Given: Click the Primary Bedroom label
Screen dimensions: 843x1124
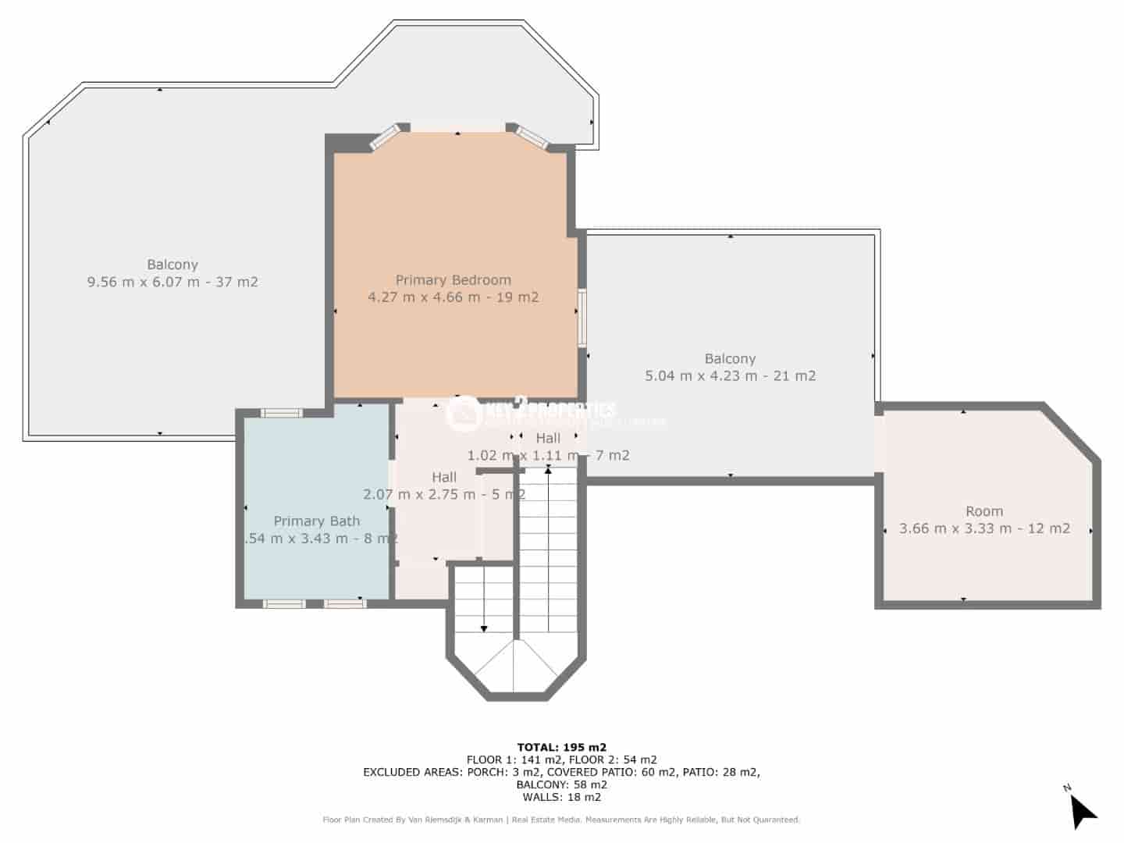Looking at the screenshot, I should pyautogui.click(x=453, y=279).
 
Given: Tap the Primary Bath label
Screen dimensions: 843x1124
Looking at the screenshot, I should pyautogui.click(x=316, y=521).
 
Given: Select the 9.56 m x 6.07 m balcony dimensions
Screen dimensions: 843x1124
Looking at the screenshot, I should pyautogui.click(x=173, y=282).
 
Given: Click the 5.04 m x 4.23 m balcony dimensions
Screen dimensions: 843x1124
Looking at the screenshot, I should pyautogui.click(x=730, y=375).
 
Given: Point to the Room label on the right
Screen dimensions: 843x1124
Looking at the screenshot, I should pyautogui.click(x=983, y=511).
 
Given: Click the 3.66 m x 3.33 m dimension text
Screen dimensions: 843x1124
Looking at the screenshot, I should pyautogui.click(x=983, y=528).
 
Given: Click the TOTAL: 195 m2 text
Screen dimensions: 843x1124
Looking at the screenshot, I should pyautogui.click(x=561, y=747).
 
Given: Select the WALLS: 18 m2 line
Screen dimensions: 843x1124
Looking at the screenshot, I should pyautogui.click(x=561, y=797).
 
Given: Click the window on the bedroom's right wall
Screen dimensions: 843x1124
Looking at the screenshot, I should pyautogui.click(x=582, y=318).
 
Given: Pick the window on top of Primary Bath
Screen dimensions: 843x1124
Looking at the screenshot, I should pyautogui.click(x=281, y=413).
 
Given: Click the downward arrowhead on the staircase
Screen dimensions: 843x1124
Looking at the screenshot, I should pyautogui.click(x=484, y=628).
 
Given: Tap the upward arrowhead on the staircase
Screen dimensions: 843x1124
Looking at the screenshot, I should pyautogui.click(x=548, y=471).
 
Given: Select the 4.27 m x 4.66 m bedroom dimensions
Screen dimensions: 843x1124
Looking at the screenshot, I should pyautogui.click(x=453, y=297).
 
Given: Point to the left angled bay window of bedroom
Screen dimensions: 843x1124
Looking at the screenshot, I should pyautogui.click(x=384, y=139).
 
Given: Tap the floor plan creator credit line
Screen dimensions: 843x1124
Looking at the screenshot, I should pyautogui.click(x=561, y=820).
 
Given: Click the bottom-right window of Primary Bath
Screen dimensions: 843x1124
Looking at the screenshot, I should pyautogui.click(x=344, y=603).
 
